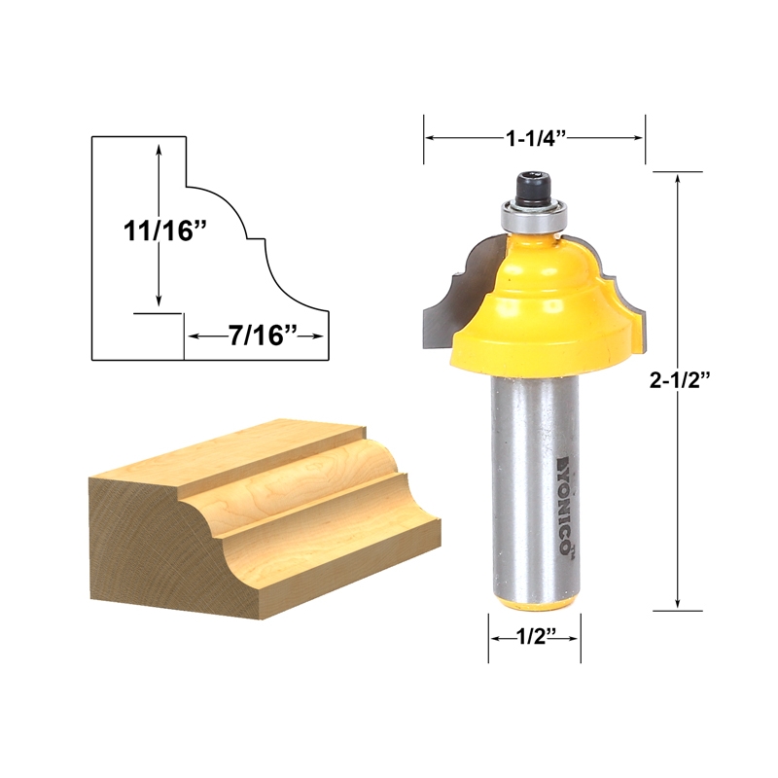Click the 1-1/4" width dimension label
(534, 138)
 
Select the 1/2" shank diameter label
(533, 639)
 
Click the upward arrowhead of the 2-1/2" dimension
(677, 181)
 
